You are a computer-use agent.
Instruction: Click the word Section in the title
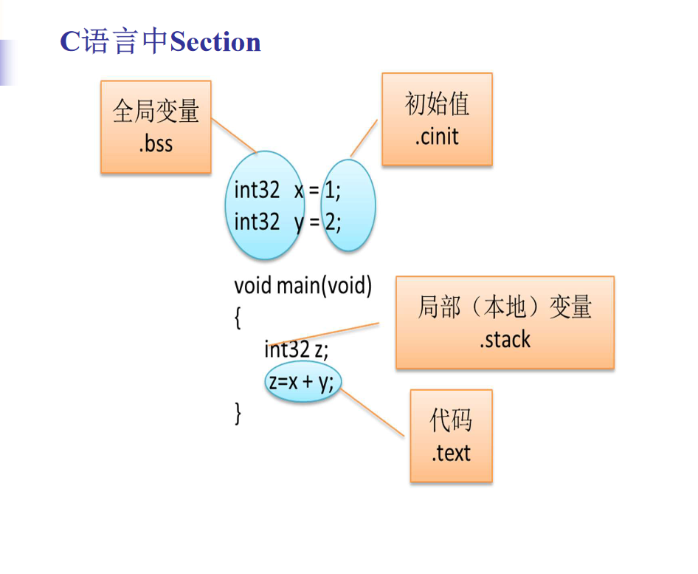coord(215,42)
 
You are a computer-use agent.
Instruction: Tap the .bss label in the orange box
coord(156,143)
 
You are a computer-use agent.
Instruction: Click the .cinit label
coord(437,137)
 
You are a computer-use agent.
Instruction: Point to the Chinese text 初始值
coord(437,104)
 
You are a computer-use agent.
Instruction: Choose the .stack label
coord(505,340)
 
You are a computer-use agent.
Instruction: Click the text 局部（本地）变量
coord(505,307)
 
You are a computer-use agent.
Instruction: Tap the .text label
coord(451,453)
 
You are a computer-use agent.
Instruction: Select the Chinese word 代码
coord(451,421)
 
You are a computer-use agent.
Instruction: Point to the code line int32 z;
coord(296,349)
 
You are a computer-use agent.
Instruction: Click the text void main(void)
coord(303,285)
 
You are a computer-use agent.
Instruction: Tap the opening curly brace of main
coord(238,318)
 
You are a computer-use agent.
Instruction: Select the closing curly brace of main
coord(238,413)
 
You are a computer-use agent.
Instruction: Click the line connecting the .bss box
coord(234,136)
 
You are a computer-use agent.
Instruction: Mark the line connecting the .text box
coord(373,412)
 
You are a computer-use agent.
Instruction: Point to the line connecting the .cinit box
coord(364,137)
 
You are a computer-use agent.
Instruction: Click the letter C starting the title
coord(69,42)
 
